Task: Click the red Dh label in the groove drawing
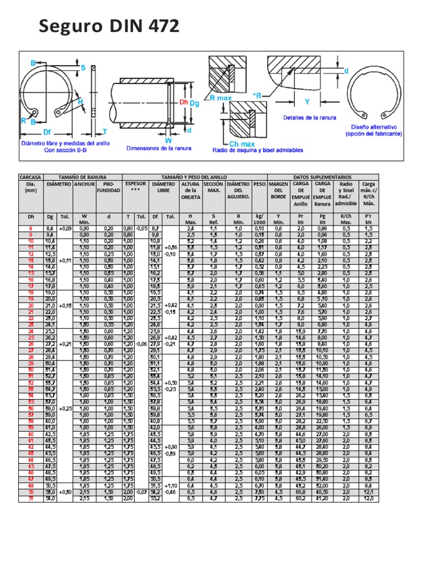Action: (x=184, y=102)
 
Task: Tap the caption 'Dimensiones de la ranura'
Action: (x=157, y=148)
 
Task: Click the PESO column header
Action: (x=259, y=184)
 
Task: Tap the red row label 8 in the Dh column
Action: (x=31, y=228)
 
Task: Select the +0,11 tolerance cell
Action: (x=65, y=259)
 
